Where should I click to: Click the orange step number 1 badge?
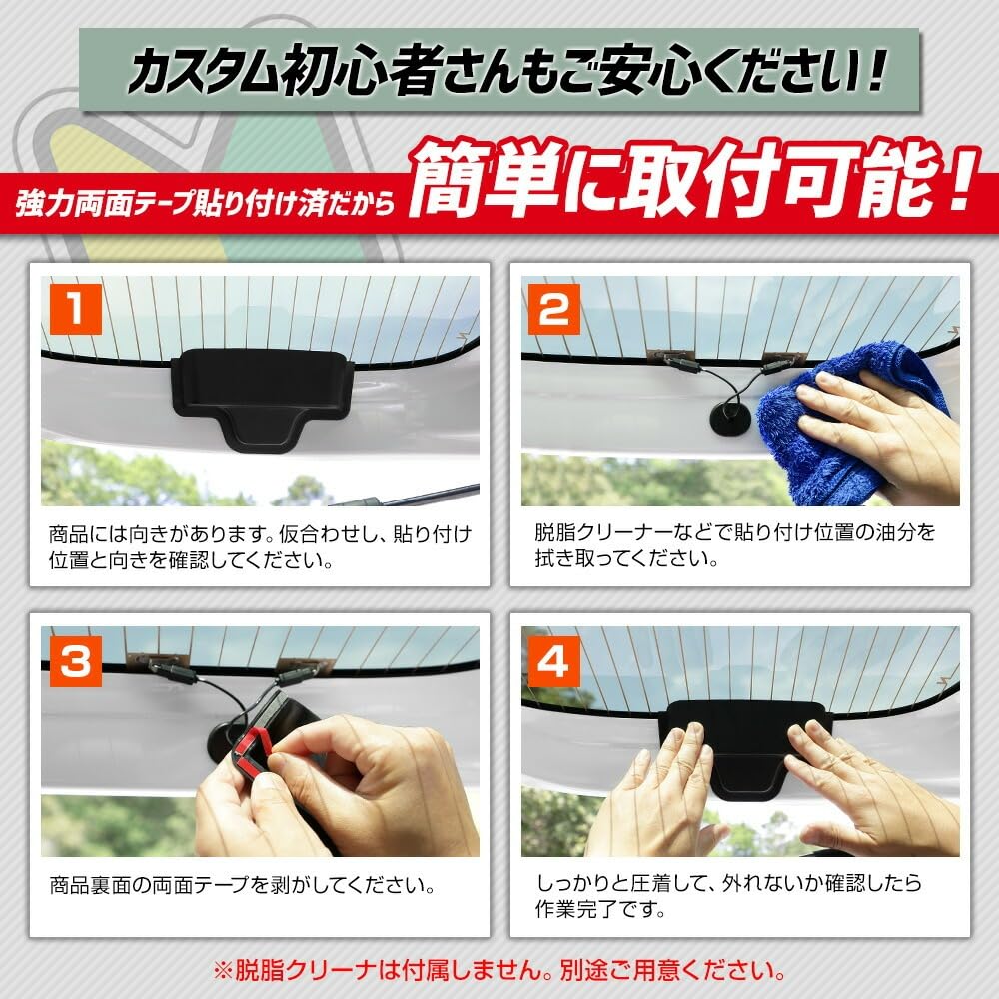pos(76,309)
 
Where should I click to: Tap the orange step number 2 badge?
pos(554,309)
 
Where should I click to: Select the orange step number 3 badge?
pos(76,661)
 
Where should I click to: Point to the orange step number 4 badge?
pos(554,661)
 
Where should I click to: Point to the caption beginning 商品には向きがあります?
pos(260,547)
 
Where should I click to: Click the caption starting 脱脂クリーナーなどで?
pos(734,545)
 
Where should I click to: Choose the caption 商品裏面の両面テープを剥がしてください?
pos(243,885)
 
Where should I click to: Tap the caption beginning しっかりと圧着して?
pos(728,896)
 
